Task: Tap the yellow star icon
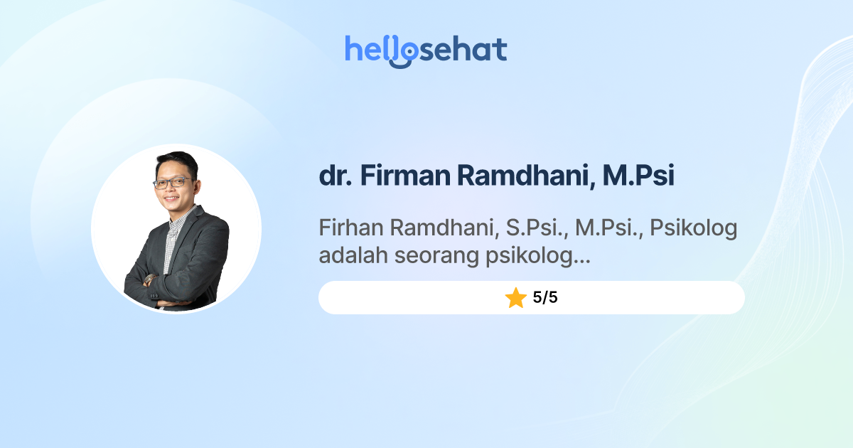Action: click(515, 298)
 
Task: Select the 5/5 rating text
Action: click(545, 298)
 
